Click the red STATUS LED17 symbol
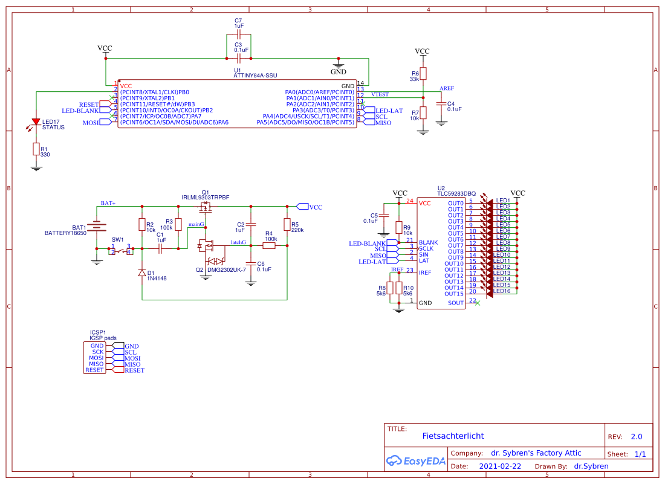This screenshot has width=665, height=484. [36, 123]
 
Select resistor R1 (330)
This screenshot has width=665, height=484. [36, 149]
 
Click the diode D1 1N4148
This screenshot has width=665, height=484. [142, 273]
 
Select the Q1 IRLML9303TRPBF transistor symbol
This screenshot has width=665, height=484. [206, 209]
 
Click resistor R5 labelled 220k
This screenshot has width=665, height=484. [287, 225]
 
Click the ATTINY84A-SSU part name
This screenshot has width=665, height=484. [256, 76]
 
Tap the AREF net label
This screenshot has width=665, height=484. [447, 88]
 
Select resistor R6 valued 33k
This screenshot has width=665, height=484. [423, 73]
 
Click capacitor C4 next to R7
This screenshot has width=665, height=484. [441, 106]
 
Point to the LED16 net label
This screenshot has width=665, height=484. [503, 291]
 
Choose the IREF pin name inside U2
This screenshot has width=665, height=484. [426, 273]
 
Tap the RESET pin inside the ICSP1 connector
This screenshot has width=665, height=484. [94, 370]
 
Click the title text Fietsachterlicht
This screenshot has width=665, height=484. [453, 436]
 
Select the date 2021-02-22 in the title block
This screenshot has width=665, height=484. [500, 466]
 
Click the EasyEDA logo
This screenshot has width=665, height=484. [416, 461]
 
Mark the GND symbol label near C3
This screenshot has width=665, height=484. [339, 72]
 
